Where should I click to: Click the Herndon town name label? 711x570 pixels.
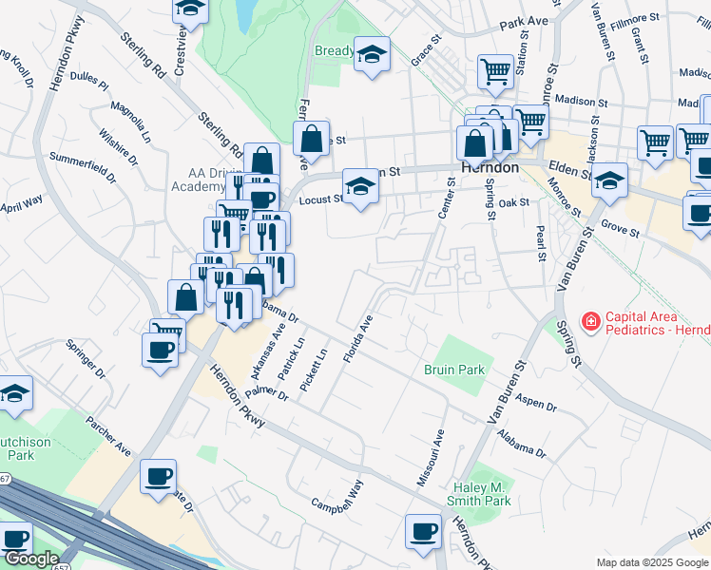(x=490, y=166)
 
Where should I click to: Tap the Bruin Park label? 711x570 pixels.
(x=454, y=370)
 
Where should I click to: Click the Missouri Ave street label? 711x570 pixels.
(x=430, y=459)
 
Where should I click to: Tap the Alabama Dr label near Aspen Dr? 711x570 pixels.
(x=522, y=446)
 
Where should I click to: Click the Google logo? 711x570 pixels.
(x=31, y=559)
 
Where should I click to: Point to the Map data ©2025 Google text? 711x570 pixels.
(x=652, y=562)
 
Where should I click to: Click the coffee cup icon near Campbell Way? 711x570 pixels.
(x=422, y=532)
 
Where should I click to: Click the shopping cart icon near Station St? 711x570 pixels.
(x=495, y=72)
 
